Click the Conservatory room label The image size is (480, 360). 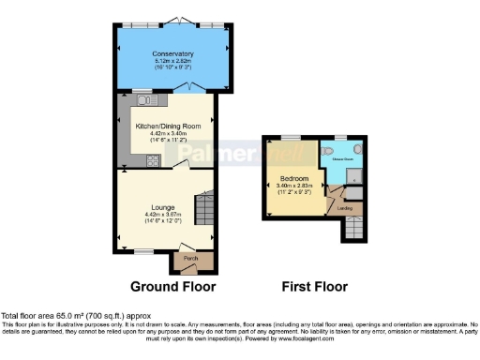pos(172,53)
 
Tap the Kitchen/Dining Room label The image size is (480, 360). pos(169,126)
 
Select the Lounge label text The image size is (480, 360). pos(157,207)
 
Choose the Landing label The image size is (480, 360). pos(344,207)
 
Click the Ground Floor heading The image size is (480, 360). pos(172,287)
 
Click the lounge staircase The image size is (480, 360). pos(203,203)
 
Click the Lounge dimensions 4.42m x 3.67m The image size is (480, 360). pos(157,215)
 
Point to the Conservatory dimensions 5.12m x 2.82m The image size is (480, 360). pos(172,61)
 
